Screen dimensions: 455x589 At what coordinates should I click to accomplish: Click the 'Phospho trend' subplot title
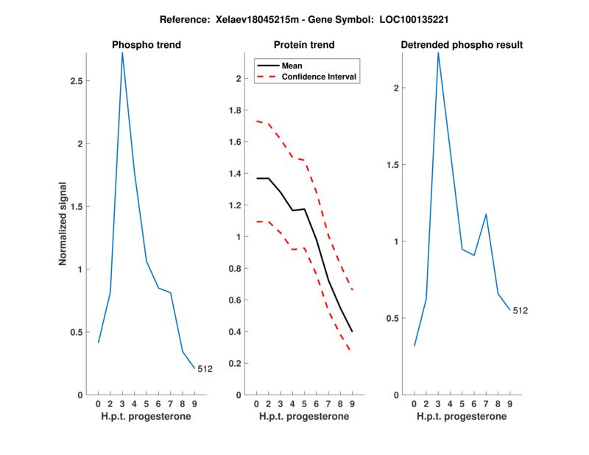(146, 45)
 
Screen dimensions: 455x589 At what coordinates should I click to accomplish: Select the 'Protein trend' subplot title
(303, 45)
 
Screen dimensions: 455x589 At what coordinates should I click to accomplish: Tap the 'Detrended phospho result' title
(462, 45)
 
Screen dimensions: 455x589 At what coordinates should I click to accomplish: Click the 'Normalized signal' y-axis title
(63, 224)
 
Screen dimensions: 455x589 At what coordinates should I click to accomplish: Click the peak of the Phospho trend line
(122, 53)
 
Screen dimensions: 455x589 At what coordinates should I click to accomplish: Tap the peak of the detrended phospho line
(438, 53)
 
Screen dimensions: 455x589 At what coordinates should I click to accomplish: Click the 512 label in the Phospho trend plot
(205, 370)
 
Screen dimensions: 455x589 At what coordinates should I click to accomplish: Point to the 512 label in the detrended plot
(521, 311)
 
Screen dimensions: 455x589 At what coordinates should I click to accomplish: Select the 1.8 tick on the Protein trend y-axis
(235, 110)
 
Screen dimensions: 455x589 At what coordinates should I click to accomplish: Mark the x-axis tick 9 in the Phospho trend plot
(194, 403)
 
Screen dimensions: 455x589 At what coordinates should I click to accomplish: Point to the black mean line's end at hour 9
(352, 331)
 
